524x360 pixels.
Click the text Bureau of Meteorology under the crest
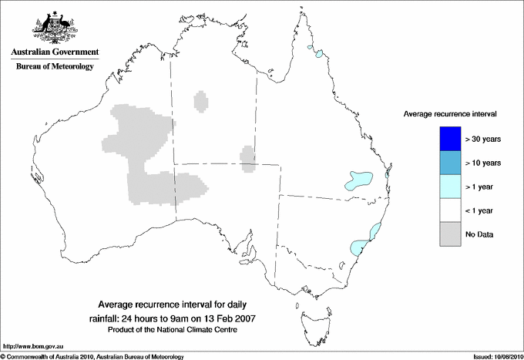point(55,67)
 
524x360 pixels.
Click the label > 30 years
point(483,139)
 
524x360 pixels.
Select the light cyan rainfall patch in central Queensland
point(359,180)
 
